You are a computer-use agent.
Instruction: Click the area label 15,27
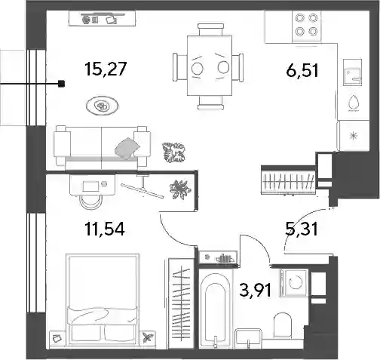point(106,69)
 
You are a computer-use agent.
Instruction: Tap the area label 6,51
point(302,70)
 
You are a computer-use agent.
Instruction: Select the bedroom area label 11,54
point(105,229)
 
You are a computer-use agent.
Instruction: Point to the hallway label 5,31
point(302,229)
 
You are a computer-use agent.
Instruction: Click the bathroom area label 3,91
point(256,290)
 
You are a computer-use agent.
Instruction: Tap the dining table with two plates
point(210,66)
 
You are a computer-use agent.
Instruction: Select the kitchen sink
point(352,72)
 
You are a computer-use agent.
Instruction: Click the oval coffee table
point(102,106)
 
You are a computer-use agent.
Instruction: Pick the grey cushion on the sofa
point(127,149)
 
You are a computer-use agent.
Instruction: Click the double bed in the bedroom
point(103,300)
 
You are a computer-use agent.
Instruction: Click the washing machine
point(294,283)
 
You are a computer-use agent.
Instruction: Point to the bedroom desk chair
point(90,202)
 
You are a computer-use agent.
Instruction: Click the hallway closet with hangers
point(288,180)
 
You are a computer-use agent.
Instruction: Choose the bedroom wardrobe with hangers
point(181,303)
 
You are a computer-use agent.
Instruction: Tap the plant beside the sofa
point(174,152)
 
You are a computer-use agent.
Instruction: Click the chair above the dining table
point(210,29)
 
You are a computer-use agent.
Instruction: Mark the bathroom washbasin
point(248,337)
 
